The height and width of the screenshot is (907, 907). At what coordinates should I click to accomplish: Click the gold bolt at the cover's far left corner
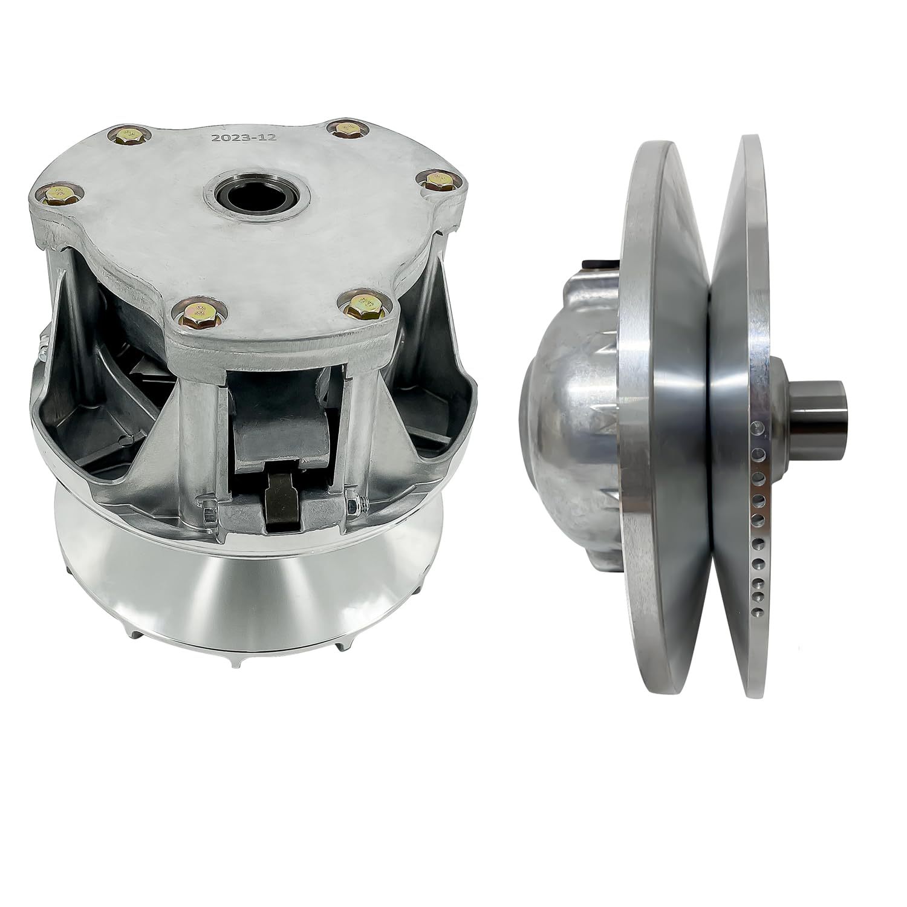point(58,194)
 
